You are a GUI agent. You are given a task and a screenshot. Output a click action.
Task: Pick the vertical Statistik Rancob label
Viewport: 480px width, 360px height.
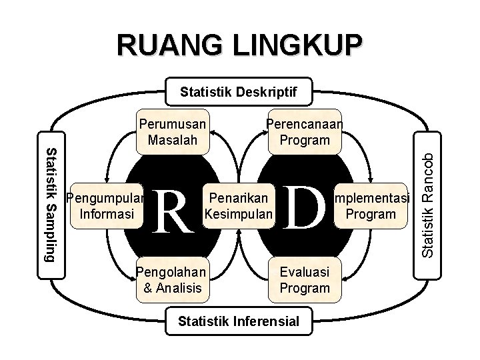(431, 203)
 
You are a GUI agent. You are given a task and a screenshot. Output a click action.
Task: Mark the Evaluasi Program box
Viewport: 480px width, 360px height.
(305, 279)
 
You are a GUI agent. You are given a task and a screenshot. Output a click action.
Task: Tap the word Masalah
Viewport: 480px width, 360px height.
(172, 140)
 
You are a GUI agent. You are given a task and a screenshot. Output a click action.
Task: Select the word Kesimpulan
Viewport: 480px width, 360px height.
(239, 215)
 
